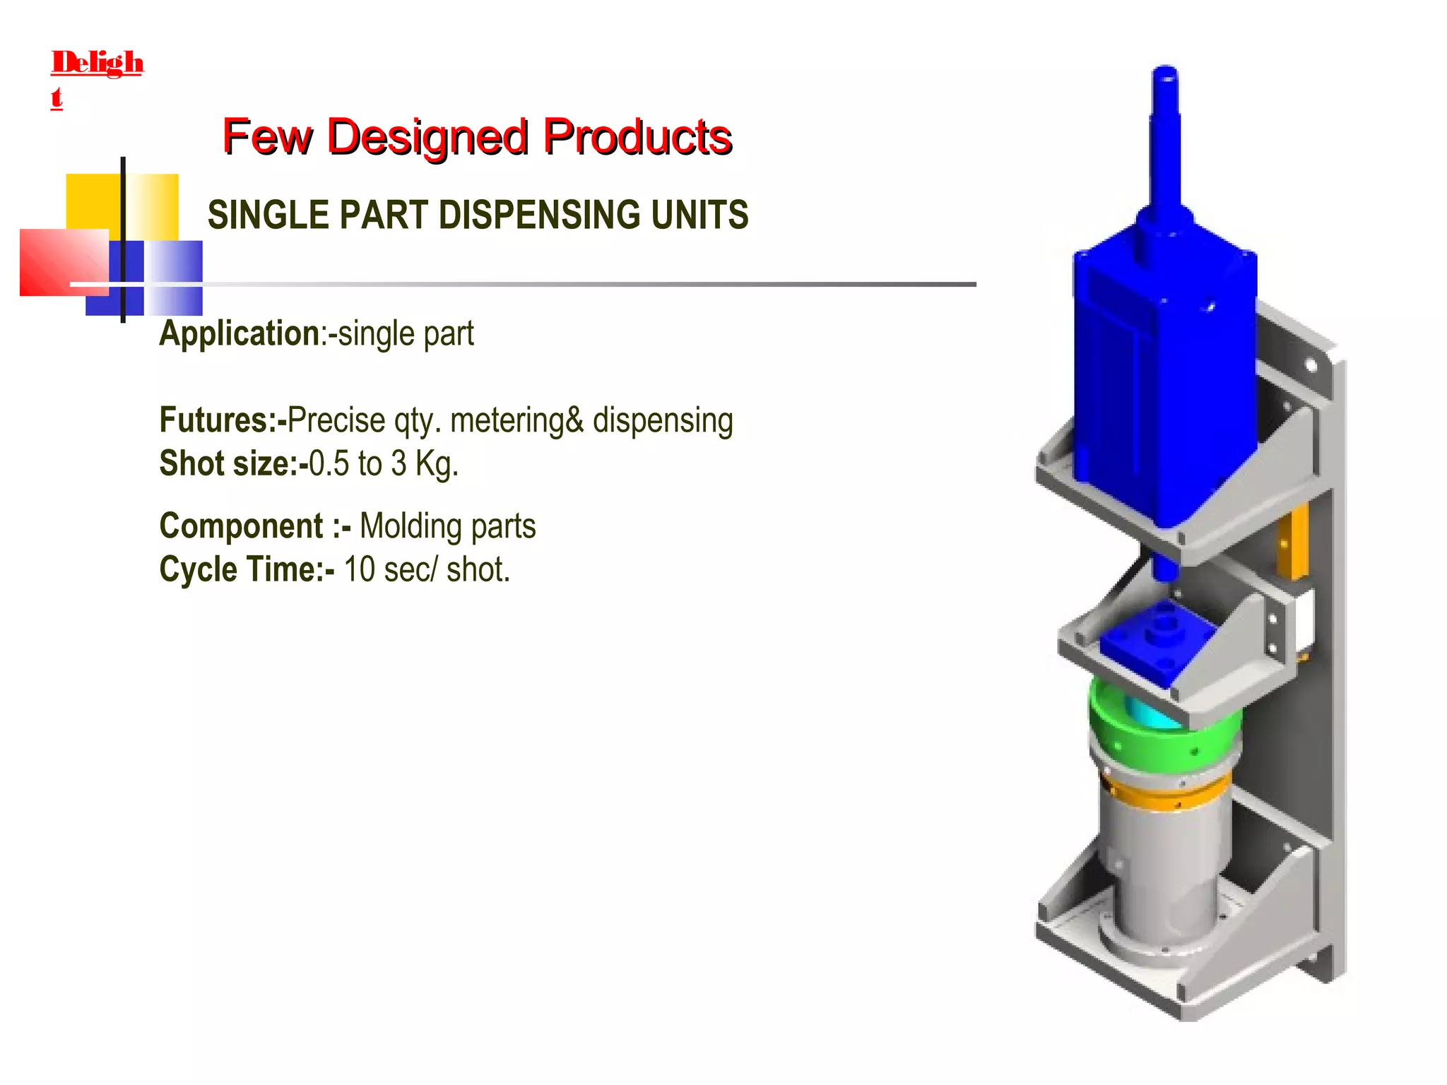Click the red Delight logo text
tap(97, 64)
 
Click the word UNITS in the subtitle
tap(699, 215)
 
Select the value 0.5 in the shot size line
tap(329, 464)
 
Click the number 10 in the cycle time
tap(359, 569)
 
